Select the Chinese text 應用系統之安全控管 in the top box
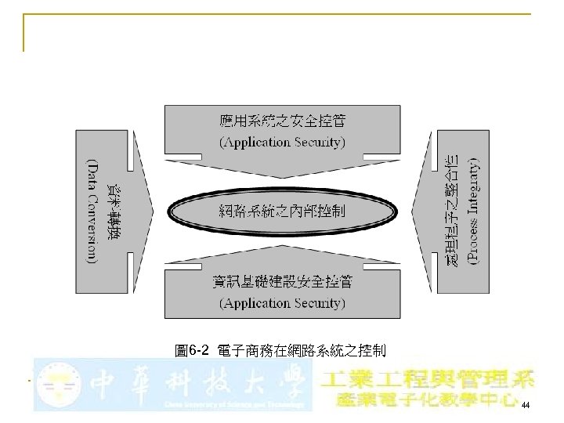(282, 121)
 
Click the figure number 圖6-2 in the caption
(191, 349)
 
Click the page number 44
(525, 403)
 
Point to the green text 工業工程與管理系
(428, 379)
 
